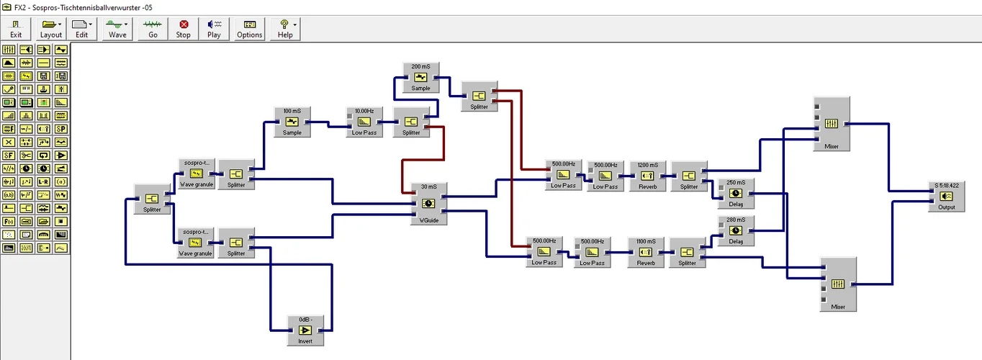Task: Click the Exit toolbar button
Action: click(x=16, y=28)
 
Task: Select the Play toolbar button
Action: click(x=214, y=28)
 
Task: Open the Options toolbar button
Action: click(x=250, y=28)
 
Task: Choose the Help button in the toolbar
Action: click(x=285, y=28)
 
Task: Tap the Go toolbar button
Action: click(x=153, y=28)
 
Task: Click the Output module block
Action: click(x=946, y=196)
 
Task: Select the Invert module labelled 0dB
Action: click(x=305, y=330)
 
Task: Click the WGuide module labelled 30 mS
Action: click(x=428, y=204)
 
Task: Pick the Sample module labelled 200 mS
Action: click(x=420, y=77)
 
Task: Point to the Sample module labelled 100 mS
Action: click(x=292, y=122)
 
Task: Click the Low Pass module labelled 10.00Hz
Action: click(x=364, y=122)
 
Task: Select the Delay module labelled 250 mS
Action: click(x=735, y=193)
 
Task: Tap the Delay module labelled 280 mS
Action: click(x=735, y=230)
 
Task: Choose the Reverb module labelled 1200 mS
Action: click(x=647, y=175)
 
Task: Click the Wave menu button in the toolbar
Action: click(x=117, y=28)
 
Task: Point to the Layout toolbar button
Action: click(x=51, y=28)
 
